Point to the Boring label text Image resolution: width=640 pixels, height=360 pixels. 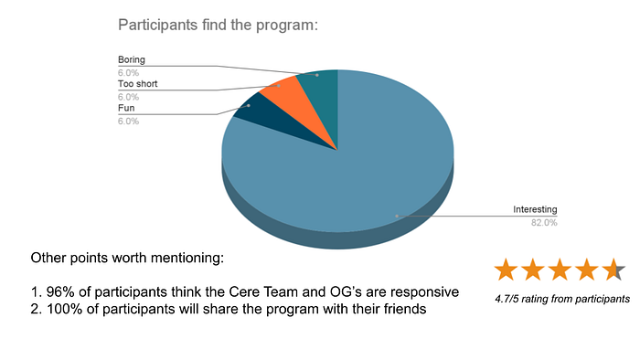click(132, 59)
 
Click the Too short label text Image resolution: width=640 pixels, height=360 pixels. click(137, 83)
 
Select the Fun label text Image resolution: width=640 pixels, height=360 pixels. click(126, 108)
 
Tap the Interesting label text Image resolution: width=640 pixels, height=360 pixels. click(535, 209)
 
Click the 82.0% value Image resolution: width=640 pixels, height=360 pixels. click(544, 223)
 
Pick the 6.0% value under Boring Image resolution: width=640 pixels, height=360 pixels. click(128, 73)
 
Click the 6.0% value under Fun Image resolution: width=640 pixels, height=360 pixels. click(128, 122)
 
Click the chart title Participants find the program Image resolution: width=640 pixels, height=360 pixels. click(218, 26)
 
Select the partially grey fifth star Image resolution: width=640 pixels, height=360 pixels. click(613, 270)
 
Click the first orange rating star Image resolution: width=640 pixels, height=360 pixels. click(507, 270)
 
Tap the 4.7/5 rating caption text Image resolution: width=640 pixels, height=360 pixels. click(562, 299)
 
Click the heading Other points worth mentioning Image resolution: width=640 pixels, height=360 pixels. click(127, 258)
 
